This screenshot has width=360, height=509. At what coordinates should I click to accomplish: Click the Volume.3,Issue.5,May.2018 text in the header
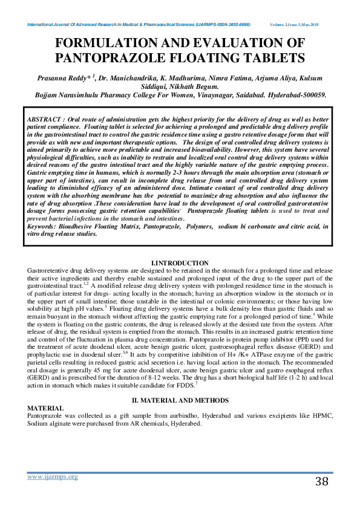click(x=296, y=24)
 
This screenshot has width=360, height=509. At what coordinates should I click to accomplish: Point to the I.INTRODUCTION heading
click(x=180, y=261)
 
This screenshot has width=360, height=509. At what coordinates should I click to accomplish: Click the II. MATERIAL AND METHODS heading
click(x=180, y=400)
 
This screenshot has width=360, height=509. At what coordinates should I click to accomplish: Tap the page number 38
click(x=321, y=482)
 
